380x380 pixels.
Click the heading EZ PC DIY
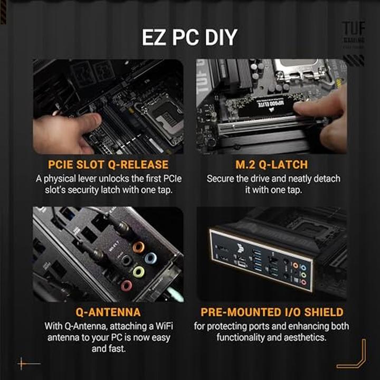coord(189,37)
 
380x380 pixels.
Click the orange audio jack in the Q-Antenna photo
coord(138,247)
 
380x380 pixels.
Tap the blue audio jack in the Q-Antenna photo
coord(150,259)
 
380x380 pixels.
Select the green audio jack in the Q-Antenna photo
coord(138,272)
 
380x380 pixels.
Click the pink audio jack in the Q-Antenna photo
coord(127,286)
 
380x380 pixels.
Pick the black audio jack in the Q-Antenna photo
coord(126,260)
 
